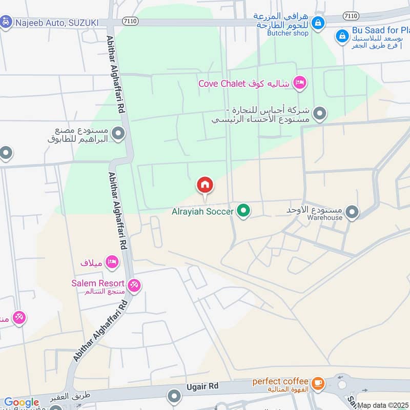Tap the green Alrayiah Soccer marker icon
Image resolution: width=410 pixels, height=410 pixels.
(243, 210)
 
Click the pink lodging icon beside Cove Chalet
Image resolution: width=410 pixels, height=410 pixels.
(300, 83)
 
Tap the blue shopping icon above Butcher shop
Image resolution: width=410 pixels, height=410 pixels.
(318, 23)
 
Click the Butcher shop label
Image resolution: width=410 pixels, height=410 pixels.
(288, 33)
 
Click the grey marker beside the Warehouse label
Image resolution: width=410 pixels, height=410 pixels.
(352, 211)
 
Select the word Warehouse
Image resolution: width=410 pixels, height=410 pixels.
(324, 217)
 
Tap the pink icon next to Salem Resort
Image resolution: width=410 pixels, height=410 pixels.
(134, 284)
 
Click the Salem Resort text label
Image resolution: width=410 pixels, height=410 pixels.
(98, 283)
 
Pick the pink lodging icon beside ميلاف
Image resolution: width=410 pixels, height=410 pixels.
(111, 262)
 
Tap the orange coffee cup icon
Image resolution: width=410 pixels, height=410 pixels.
(318, 382)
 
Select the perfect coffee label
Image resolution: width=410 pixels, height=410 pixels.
(280, 381)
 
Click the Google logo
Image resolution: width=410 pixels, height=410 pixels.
(22, 402)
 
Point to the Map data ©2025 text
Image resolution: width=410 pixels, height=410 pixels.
(383, 405)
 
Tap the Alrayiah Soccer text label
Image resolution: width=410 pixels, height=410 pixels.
(202, 211)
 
